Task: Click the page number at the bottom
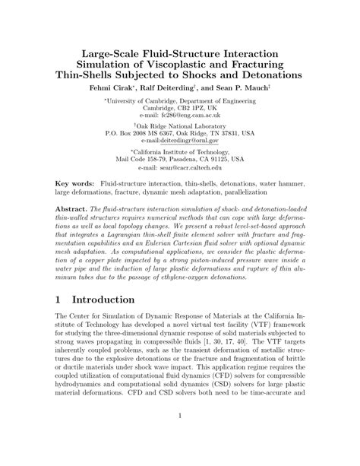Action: (x=180, y=437)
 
